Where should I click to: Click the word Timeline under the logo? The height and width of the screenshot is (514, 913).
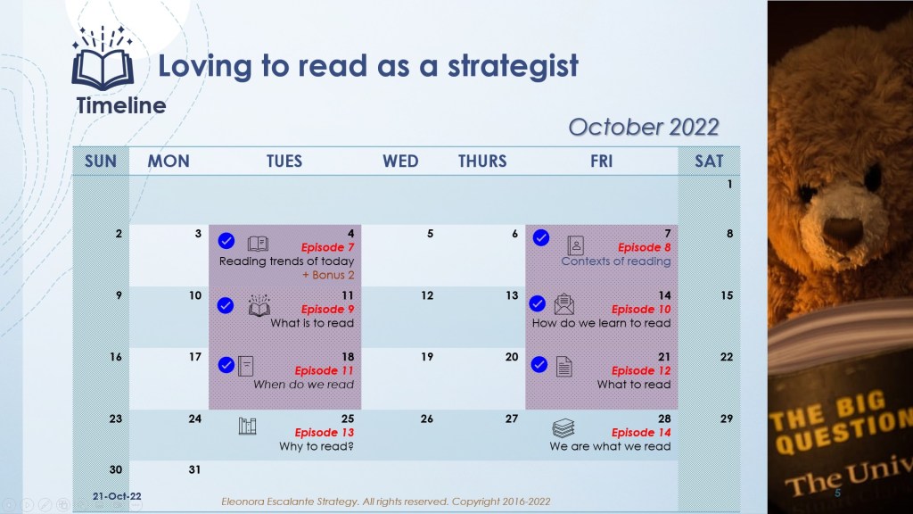pos(121,105)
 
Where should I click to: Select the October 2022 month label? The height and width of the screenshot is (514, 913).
pos(644,127)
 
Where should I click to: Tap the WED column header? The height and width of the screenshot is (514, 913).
pos(400,162)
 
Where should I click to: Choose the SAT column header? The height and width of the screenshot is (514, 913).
pos(709,162)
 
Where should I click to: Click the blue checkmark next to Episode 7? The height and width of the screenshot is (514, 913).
pos(226,241)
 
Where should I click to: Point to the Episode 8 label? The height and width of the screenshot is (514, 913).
pos(644,247)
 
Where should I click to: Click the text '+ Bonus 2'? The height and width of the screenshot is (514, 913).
pos(328,275)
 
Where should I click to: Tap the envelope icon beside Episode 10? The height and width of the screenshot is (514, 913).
pos(564,304)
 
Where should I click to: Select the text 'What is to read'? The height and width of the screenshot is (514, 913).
pos(312,323)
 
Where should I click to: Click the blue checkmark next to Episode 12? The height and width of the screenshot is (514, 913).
pos(539,365)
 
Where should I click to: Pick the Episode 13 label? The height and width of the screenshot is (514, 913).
pos(325,433)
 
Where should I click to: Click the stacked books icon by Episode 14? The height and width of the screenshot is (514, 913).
pos(563,428)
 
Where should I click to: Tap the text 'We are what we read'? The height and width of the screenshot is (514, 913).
pos(610,446)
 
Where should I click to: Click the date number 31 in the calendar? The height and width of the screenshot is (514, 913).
pos(194,469)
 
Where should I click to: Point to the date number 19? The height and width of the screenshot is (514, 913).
pos(427,357)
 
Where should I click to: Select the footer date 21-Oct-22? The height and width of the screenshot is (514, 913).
pos(117,496)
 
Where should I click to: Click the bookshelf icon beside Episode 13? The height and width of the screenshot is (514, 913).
pos(248,426)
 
